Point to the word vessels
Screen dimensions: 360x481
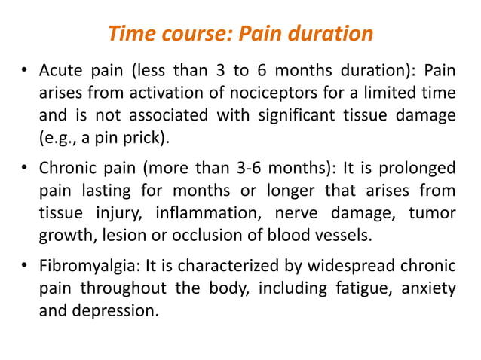(345, 233)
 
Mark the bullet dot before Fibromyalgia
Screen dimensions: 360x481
(25, 266)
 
